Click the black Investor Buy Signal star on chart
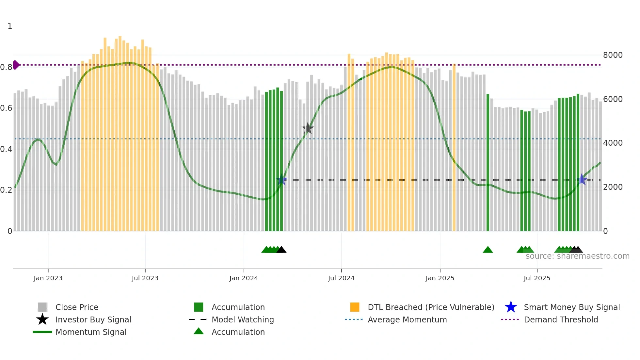tap(308, 128)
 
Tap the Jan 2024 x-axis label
tap(244, 278)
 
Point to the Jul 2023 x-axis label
tap(145, 278)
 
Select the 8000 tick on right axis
tap(613, 55)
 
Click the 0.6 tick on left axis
tap(6, 108)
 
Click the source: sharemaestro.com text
tap(577, 256)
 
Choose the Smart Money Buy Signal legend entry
tap(571, 307)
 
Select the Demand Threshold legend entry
tap(561, 319)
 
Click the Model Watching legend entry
tap(243, 319)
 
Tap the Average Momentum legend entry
tap(407, 319)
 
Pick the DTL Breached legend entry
tap(431, 307)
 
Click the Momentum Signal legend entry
tap(91, 332)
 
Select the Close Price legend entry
tap(77, 307)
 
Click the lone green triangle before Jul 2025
tap(488, 250)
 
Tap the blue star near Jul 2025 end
tap(582, 179)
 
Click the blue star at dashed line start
tap(281, 180)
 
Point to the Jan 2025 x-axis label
tap(440, 278)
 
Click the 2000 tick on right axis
tap(613, 187)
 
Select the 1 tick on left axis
tap(10, 26)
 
